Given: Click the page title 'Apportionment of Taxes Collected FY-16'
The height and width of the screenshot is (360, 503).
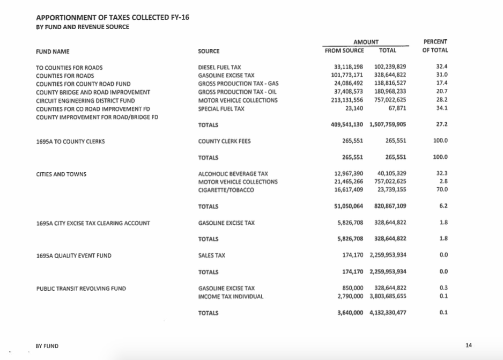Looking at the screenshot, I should (x=112, y=18).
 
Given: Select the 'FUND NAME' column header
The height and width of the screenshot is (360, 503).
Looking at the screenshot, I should (x=52, y=52).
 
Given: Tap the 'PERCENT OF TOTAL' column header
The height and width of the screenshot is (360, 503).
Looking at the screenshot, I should (x=435, y=46).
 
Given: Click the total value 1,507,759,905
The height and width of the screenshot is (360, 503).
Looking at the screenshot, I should (x=388, y=125).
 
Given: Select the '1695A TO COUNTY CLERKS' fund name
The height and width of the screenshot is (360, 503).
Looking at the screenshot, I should (x=70, y=142).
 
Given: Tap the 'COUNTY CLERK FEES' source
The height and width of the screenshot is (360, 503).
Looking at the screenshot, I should (x=224, y=142).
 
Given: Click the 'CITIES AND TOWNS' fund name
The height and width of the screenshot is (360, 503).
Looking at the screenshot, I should (x=61, y=174).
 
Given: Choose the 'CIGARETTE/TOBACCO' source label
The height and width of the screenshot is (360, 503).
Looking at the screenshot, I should (x=226, y=190).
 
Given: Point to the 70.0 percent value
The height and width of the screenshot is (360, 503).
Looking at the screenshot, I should (x=442, y=190).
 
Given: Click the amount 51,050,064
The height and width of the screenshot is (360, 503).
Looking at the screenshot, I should (x=349, y=207).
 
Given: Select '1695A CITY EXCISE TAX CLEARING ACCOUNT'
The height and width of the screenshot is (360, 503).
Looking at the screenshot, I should (x=93, y=223).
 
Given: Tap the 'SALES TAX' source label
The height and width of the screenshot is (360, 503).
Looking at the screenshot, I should (x=214, y=256).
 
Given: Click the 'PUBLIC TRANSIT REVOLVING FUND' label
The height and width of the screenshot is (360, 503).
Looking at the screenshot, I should (x=81, y=289).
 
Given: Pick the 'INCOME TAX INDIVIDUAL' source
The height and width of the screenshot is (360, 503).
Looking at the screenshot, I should (x=231, y=296).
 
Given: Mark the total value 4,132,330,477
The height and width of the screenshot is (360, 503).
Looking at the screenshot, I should (x=388, y=313).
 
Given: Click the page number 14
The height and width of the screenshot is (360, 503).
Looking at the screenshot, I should (x=469, y=346).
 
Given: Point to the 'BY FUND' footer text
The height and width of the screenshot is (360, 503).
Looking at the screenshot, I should (x=47, y=346).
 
